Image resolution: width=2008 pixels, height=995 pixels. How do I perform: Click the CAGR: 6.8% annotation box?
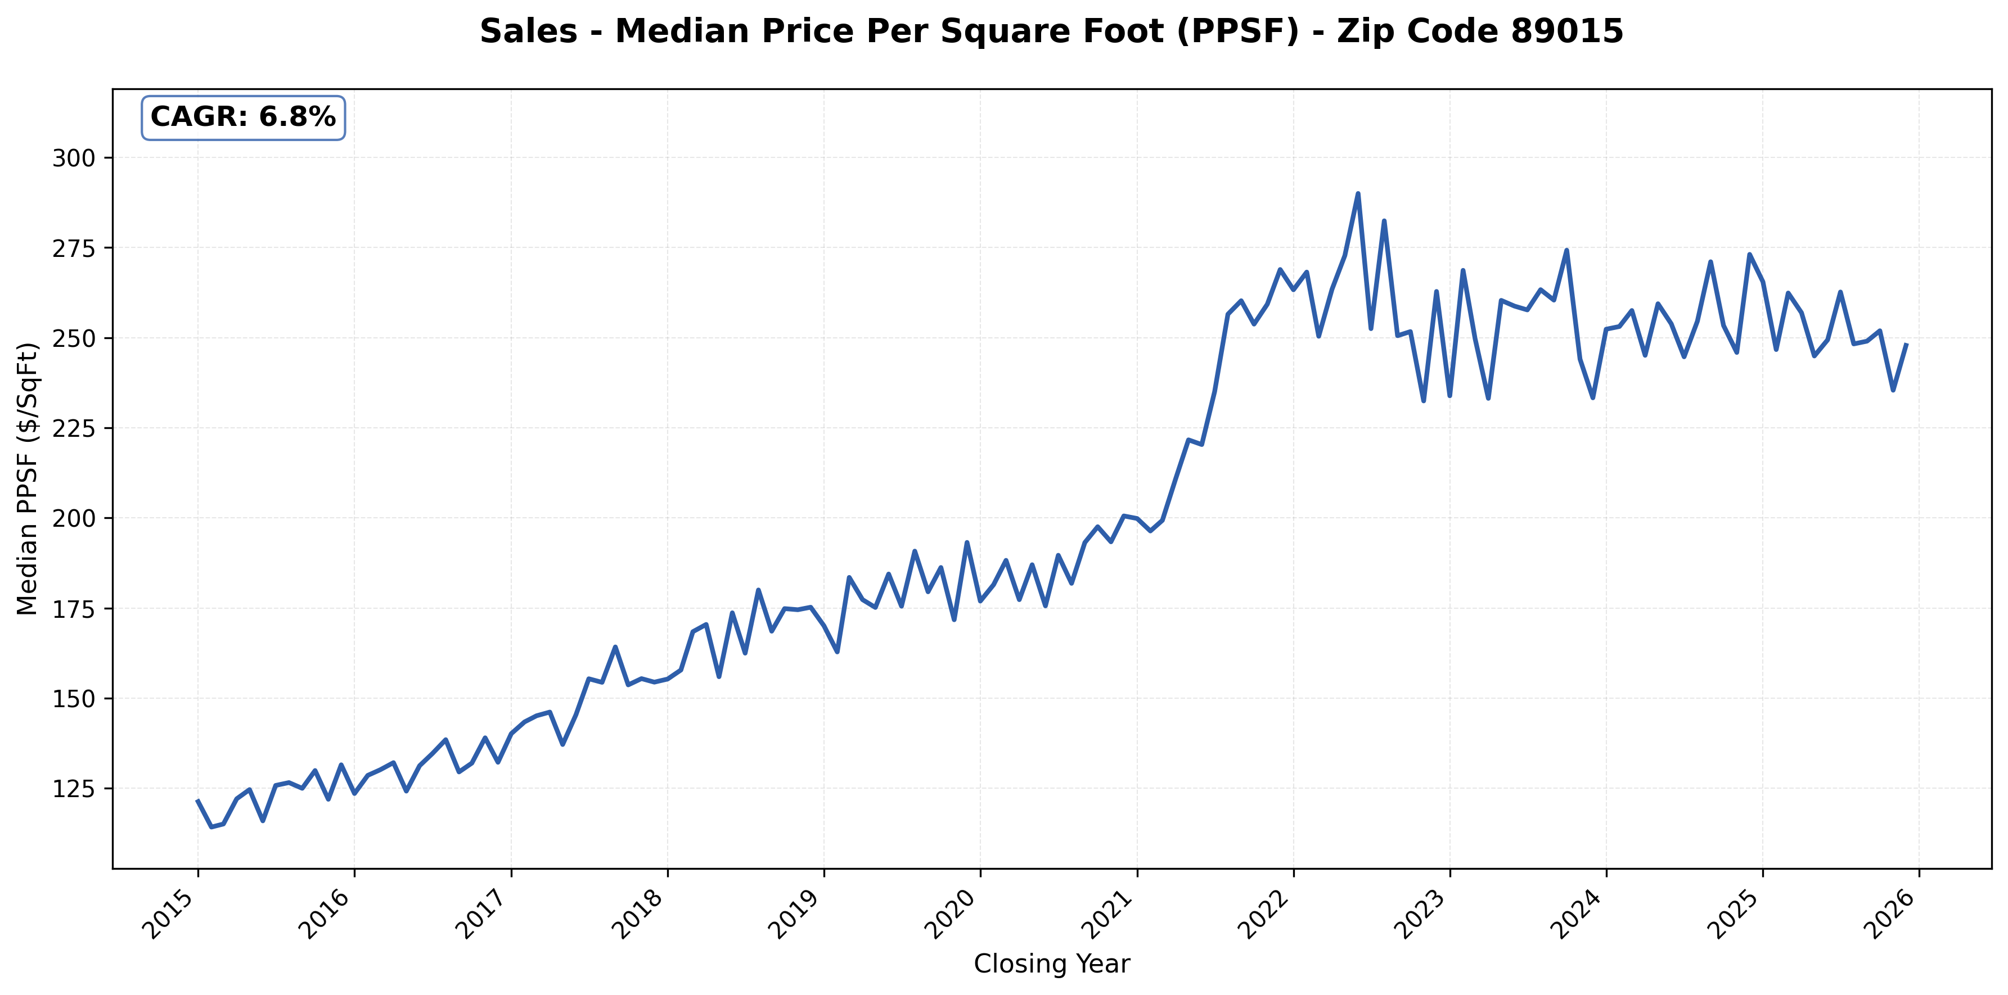point(242,117)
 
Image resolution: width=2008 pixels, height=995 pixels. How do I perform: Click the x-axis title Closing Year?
point(1052,965)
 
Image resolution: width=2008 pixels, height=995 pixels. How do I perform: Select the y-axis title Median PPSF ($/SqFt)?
point(28,478)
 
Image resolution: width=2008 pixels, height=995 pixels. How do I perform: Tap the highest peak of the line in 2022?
point(1358,193)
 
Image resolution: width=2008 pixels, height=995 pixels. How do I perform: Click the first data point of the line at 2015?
point(197,800)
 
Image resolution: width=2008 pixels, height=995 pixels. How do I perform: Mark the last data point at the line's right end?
point(1907,345)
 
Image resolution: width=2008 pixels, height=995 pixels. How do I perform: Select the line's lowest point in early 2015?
point(211,827)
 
